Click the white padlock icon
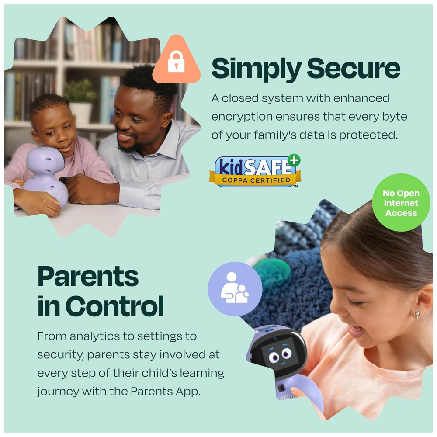coord(176,62)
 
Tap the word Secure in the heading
coord(354,68)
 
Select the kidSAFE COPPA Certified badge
coord(255,171)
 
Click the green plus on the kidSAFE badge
coord(294,160)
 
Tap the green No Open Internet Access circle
coord(401,203)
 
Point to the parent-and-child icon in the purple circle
coord(235,288)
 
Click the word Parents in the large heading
coord(88,277)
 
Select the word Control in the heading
coord(114,306)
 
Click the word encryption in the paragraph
coord(242,117)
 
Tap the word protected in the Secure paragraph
coord(368,135)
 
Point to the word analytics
coord(96,336)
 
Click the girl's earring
coord(417,315)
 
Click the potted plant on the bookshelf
coord(80,101)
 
